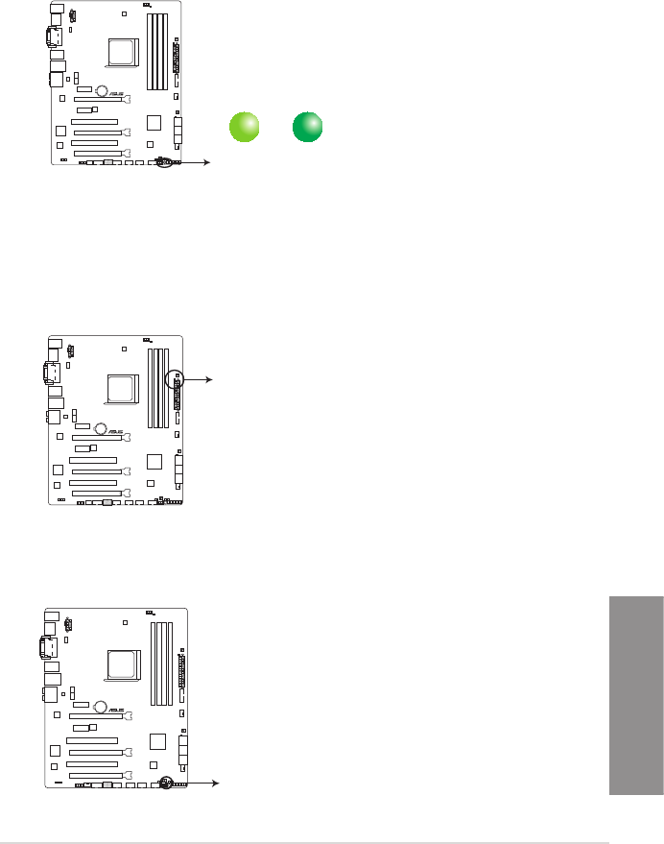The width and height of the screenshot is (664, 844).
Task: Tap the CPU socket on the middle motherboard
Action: (122, 386)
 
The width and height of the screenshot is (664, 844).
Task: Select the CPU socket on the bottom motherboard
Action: (122, 664)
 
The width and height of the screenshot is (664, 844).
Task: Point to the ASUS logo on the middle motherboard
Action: (116, 431)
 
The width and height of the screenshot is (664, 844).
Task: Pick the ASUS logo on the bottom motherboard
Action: (116, 711)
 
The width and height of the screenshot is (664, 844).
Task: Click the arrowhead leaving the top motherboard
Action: (208, 163)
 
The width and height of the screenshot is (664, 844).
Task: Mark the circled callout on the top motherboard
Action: (164, 163)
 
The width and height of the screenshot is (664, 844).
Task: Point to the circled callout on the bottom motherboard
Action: (166, 784)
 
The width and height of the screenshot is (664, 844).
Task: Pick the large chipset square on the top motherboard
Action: (154, 122)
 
